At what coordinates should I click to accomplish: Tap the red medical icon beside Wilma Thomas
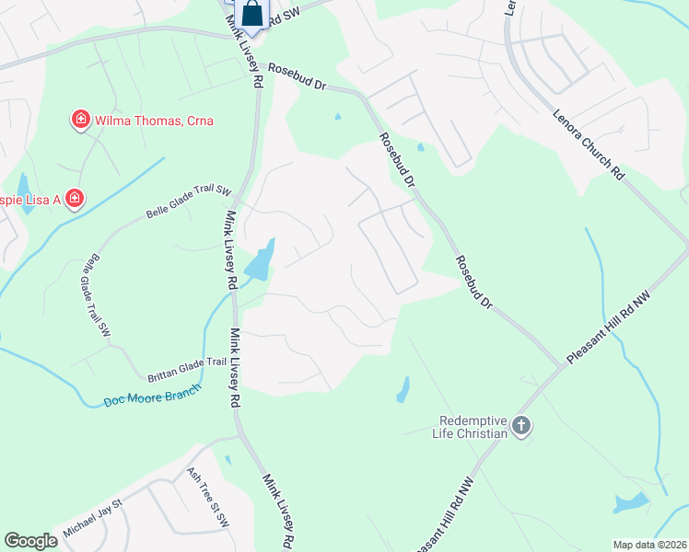pyautogui.click(x=81, y=120)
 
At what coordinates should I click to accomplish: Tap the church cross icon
pyautogui.click(x=521, y=425)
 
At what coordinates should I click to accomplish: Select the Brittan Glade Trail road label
pyautogui.click(x=187, y=370)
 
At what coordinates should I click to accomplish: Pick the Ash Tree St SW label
pyautogui.click(x=207, y=496)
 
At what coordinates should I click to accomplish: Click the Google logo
pyautogui.click(x=30, y=541)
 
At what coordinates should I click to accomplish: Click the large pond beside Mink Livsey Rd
pyautogui.click(x=263, y=260)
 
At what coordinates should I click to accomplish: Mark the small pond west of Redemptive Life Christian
pyautogui.click(x=403, y=390)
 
